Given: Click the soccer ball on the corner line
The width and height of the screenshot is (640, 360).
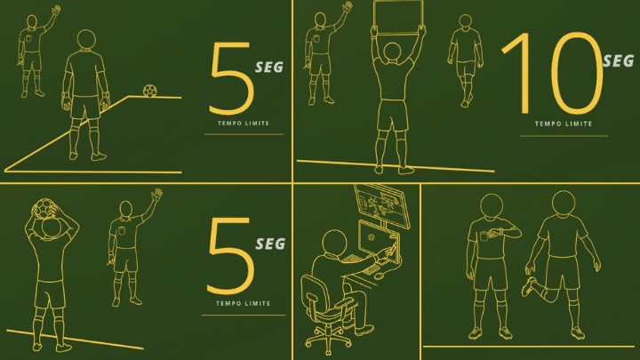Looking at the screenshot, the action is (x=150, y=91).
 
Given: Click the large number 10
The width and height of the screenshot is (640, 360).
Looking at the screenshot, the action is (x=552, y=73).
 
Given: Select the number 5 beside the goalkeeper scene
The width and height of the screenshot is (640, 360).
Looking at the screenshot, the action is (x=231, y=78).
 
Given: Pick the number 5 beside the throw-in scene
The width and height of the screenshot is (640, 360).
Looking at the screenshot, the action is (x=230, y=255).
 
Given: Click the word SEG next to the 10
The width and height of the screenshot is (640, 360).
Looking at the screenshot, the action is (x=619, y=61).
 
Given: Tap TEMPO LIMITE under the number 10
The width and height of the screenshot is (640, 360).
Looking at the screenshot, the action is (x=564, y=124).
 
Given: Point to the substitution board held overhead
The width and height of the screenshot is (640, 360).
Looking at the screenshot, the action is (x=398, y=16).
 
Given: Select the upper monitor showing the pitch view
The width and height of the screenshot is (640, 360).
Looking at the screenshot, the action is (x=382, y=205).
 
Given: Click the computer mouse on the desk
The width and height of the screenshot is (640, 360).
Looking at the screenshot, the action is (x=380, y=276).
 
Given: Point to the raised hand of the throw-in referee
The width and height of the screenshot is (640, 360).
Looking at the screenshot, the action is (x=156, y=195).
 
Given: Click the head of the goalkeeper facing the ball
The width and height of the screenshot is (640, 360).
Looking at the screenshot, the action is (x=86, y=40).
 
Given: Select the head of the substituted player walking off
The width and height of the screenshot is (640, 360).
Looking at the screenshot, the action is (x=465, y=21).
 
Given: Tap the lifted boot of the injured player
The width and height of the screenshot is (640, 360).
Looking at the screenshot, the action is (x=528, y=286).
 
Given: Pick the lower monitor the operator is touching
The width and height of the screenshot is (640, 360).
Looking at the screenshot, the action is (x=379, y=242).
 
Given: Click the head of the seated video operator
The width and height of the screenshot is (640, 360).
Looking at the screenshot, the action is (x=334, y=243).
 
